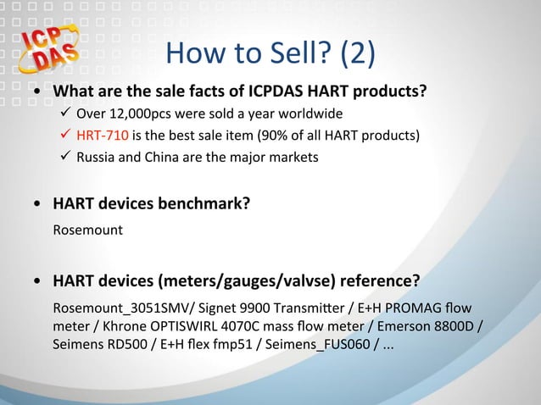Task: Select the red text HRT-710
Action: pyautogui.click(x=99, y=136)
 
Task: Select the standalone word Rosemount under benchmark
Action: pyautogui.click(x=87, y=229)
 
